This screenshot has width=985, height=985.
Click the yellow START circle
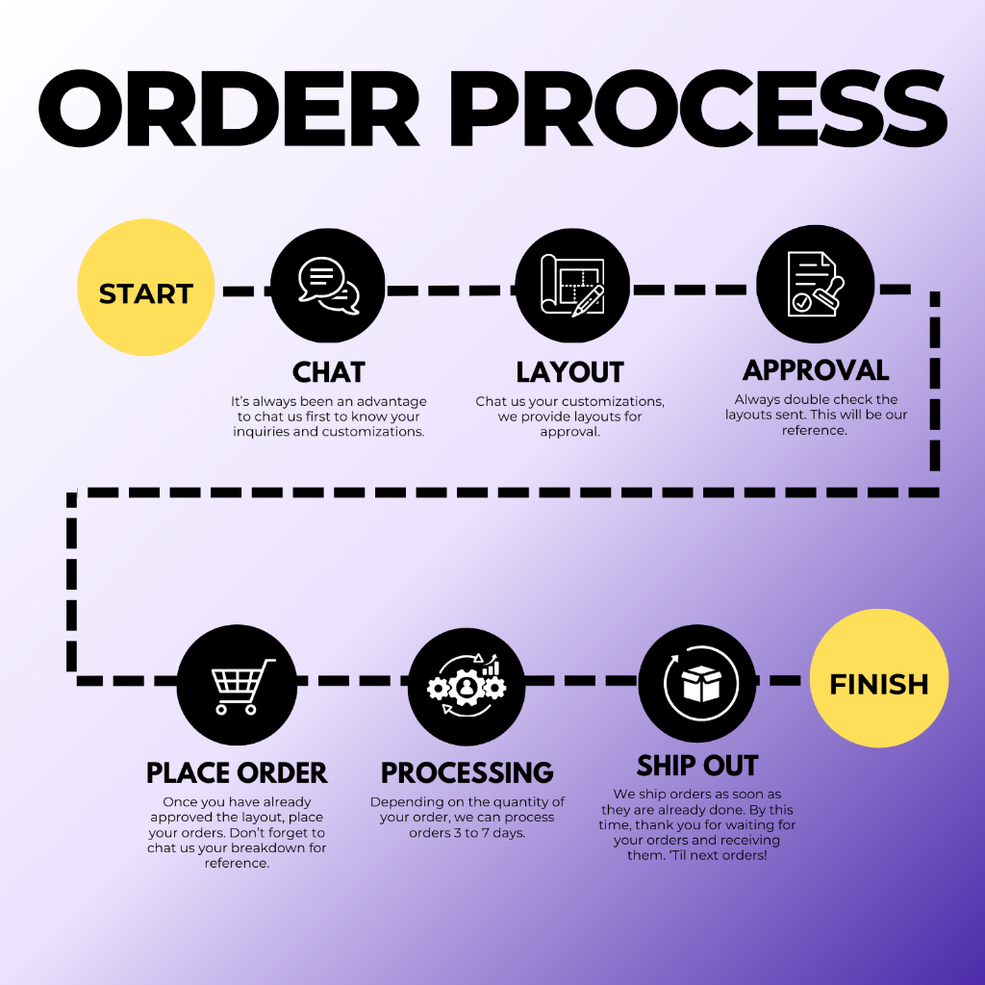click(x=146, y=287)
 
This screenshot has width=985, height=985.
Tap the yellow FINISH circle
click(x=879, y=678)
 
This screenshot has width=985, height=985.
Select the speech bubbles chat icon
click(x=329, y=286)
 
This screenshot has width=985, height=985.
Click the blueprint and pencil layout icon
click(x=572, y=286)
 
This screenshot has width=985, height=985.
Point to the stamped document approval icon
click(x=816, y=284)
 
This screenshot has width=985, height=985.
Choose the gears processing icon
click(x=467, y=685)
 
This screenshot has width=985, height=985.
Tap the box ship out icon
click(x=701, y=683)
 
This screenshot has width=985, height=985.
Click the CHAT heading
click(x=329, y=372)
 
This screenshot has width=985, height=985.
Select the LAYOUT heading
click(x=569, y=372)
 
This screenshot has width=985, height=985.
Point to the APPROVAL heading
click(x=816, y=370)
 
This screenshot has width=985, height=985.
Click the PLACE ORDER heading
click(x=237, y=772)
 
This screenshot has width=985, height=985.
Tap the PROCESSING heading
click(x=467, y=772)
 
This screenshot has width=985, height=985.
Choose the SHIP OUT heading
click(x=697, y=766)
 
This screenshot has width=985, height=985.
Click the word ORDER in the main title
click(x=229, y=109)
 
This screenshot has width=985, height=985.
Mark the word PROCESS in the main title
click(x=698, y=109)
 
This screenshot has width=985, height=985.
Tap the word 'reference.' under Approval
click(x=815, y=430)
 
